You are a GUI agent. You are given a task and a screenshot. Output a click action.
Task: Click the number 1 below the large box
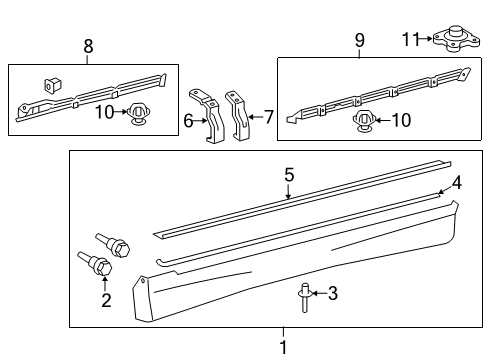[x=283, y=347]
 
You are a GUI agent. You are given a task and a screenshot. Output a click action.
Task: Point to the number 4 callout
[x=455, y=183]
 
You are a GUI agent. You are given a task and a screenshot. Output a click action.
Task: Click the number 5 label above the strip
[x=288, y=175]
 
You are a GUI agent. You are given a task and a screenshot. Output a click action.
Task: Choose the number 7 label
[x=267, y=117]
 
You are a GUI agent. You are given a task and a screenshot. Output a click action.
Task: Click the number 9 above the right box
[x=359, y=40]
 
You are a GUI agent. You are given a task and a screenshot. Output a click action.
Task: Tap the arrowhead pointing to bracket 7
[x=253, y=117]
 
